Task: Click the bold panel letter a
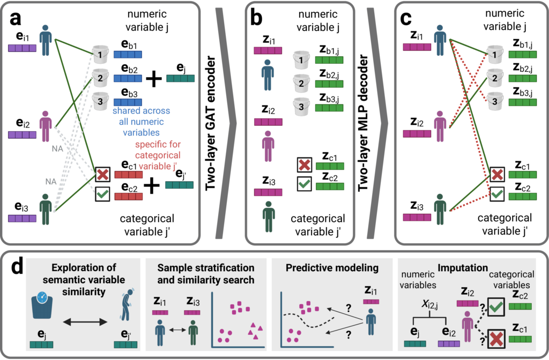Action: (15, 18)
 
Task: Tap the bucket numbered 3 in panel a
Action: (100, 101)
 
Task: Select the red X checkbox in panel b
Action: (305, 165)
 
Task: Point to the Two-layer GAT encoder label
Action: (210, 123)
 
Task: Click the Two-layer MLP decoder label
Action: (363, 123)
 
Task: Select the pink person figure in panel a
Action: (46, 126)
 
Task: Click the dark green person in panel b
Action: (269, 216)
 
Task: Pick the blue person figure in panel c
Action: (440, 40)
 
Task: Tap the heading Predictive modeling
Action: (332, 268)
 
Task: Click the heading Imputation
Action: (463, 268)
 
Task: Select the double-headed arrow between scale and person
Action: (85, 322)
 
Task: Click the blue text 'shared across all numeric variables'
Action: (141, 122)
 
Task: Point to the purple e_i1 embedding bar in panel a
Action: (22, 48)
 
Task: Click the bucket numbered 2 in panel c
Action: (494, 77)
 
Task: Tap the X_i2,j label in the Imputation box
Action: (429, 305)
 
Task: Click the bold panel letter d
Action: (17, 267)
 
